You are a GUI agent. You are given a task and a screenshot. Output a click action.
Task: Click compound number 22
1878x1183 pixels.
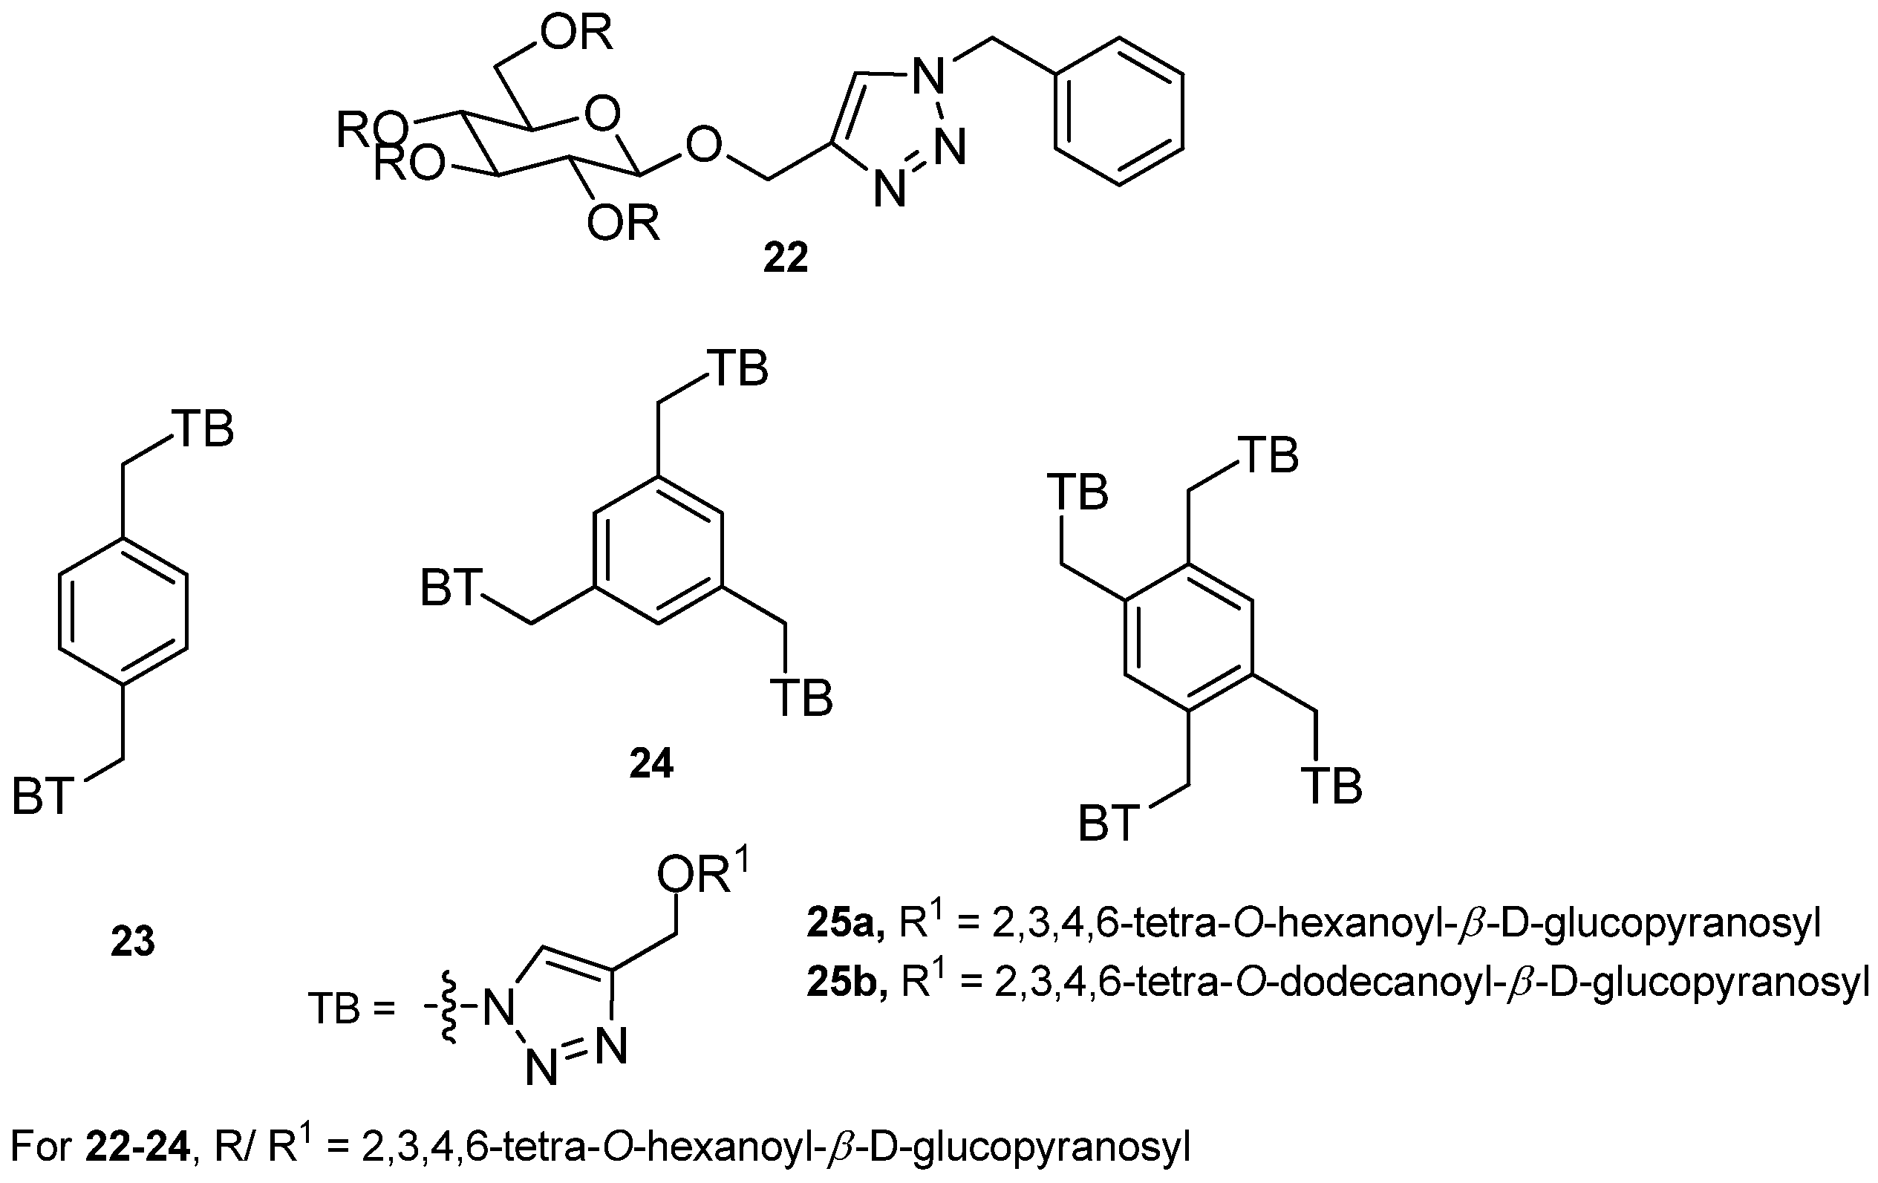click(785, 258)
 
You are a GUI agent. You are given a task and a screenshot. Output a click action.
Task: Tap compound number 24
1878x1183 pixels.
click(651, 763)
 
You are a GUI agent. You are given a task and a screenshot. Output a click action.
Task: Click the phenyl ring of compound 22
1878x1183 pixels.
click(1118, 111)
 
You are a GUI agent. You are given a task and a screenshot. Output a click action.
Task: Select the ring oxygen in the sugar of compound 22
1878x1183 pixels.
click(601, 115)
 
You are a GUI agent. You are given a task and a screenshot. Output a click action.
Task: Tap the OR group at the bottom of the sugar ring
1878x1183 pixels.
click(622, 224)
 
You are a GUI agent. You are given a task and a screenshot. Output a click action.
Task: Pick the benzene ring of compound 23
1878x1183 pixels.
click(123, 610)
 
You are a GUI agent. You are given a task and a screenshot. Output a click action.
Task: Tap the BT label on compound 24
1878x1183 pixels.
click(449, 588)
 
